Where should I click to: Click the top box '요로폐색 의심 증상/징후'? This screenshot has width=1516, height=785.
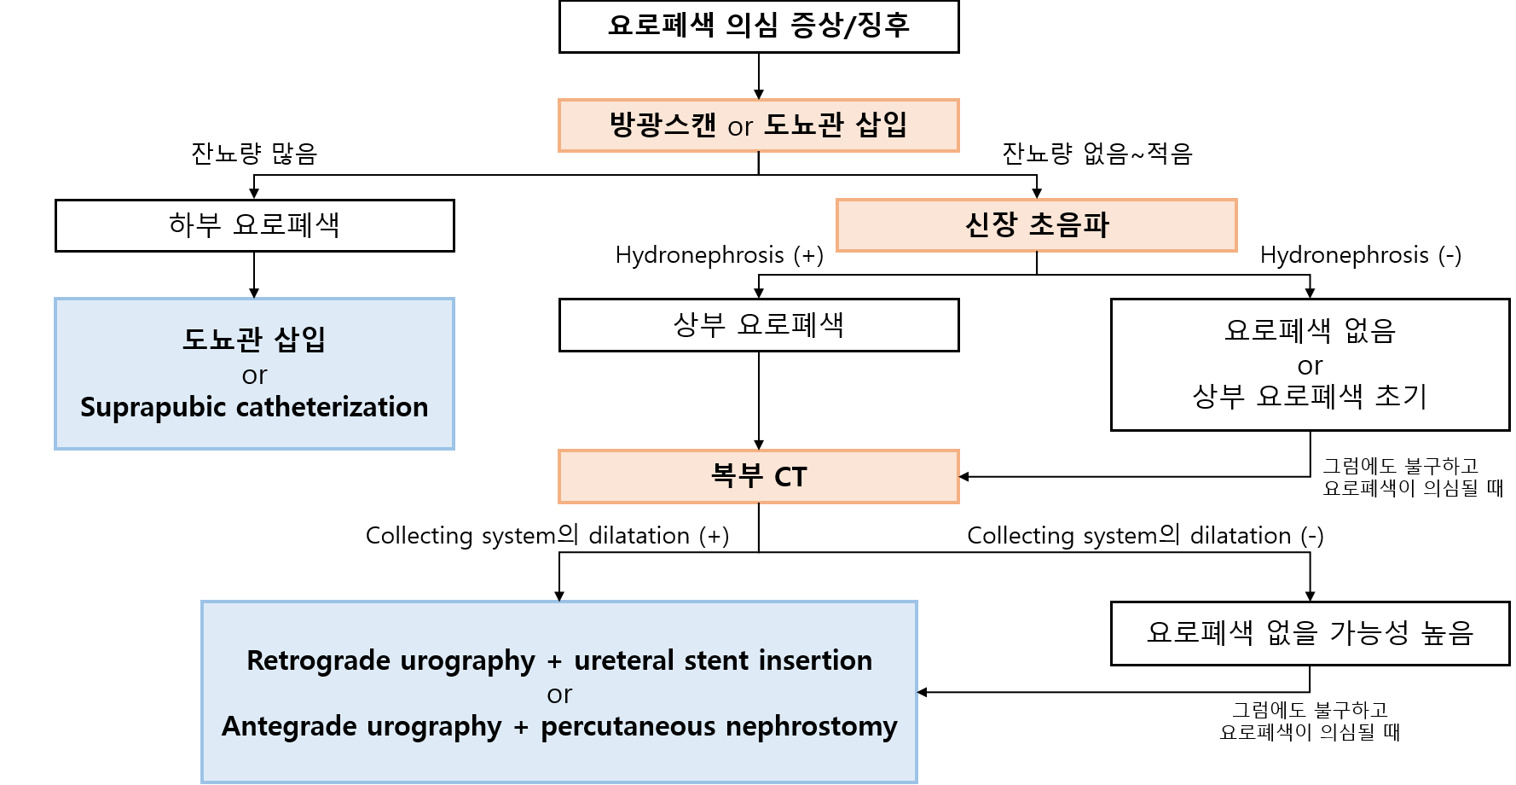point(759,26)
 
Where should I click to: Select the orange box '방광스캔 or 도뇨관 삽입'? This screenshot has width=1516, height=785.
point(759,125)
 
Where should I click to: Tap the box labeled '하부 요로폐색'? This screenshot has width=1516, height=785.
point(254,225)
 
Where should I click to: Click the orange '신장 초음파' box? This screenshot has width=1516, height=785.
point(1036,225)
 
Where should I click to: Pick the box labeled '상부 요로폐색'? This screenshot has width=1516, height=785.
point(759,325)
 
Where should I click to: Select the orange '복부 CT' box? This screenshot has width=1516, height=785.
point(759,476)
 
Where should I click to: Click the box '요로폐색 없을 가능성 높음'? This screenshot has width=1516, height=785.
point(1310,633)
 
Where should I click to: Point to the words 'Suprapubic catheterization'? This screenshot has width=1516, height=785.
point(254,407)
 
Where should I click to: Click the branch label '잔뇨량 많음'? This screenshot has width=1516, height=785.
point(254,154)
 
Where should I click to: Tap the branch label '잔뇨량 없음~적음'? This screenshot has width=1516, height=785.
point(1096,154)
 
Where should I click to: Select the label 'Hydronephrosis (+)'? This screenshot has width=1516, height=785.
point(719,255)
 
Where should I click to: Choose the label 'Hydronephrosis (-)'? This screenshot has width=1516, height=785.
point(1360,255)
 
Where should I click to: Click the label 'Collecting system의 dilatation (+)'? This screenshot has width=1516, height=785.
point(547,536)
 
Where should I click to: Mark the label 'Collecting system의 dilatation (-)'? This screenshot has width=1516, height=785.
point(1144,536)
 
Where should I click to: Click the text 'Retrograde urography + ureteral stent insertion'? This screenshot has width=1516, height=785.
point(559,660)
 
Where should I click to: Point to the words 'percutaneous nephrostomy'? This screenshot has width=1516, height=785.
point(719,726)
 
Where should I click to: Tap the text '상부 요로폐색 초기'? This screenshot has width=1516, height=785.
point(1310,396)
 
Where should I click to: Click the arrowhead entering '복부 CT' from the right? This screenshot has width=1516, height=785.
point(964,477)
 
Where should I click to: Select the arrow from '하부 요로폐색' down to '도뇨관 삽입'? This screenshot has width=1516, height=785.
point(254,275)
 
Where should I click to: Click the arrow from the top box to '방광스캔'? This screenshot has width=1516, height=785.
point(759,77)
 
